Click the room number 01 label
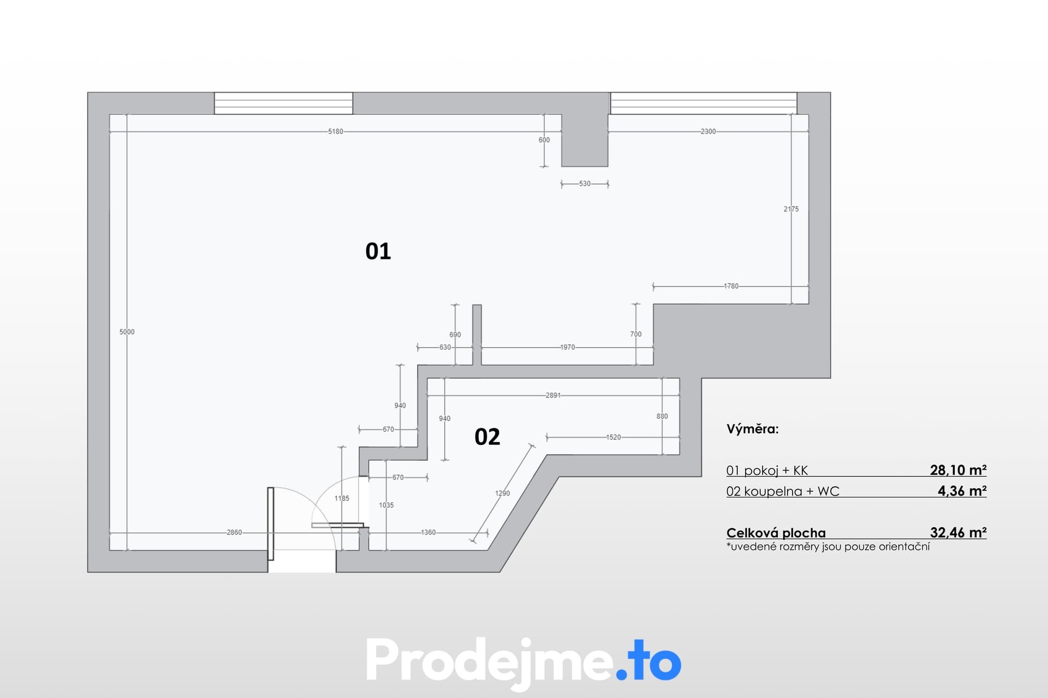coord(378,251)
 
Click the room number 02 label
coord(487,437)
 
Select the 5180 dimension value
coord(336,131)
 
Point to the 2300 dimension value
coord(708,131)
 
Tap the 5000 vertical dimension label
coord(127,332)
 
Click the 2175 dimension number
coord(791,209)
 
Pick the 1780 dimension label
coord(731,286)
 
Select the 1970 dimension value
coord(568,347)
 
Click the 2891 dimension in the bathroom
coord(553,395)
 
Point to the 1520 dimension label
coord(614,437)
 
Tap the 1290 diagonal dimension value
coord(502,494)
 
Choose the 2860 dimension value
coord(234,533)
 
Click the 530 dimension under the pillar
coord(585,184)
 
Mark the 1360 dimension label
coord(428,533)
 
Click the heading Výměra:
coord(752,429)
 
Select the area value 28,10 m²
coord(958,470)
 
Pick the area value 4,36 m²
coord(962,491)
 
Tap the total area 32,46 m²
coord(958,532)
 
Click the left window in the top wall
coord(283,103)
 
